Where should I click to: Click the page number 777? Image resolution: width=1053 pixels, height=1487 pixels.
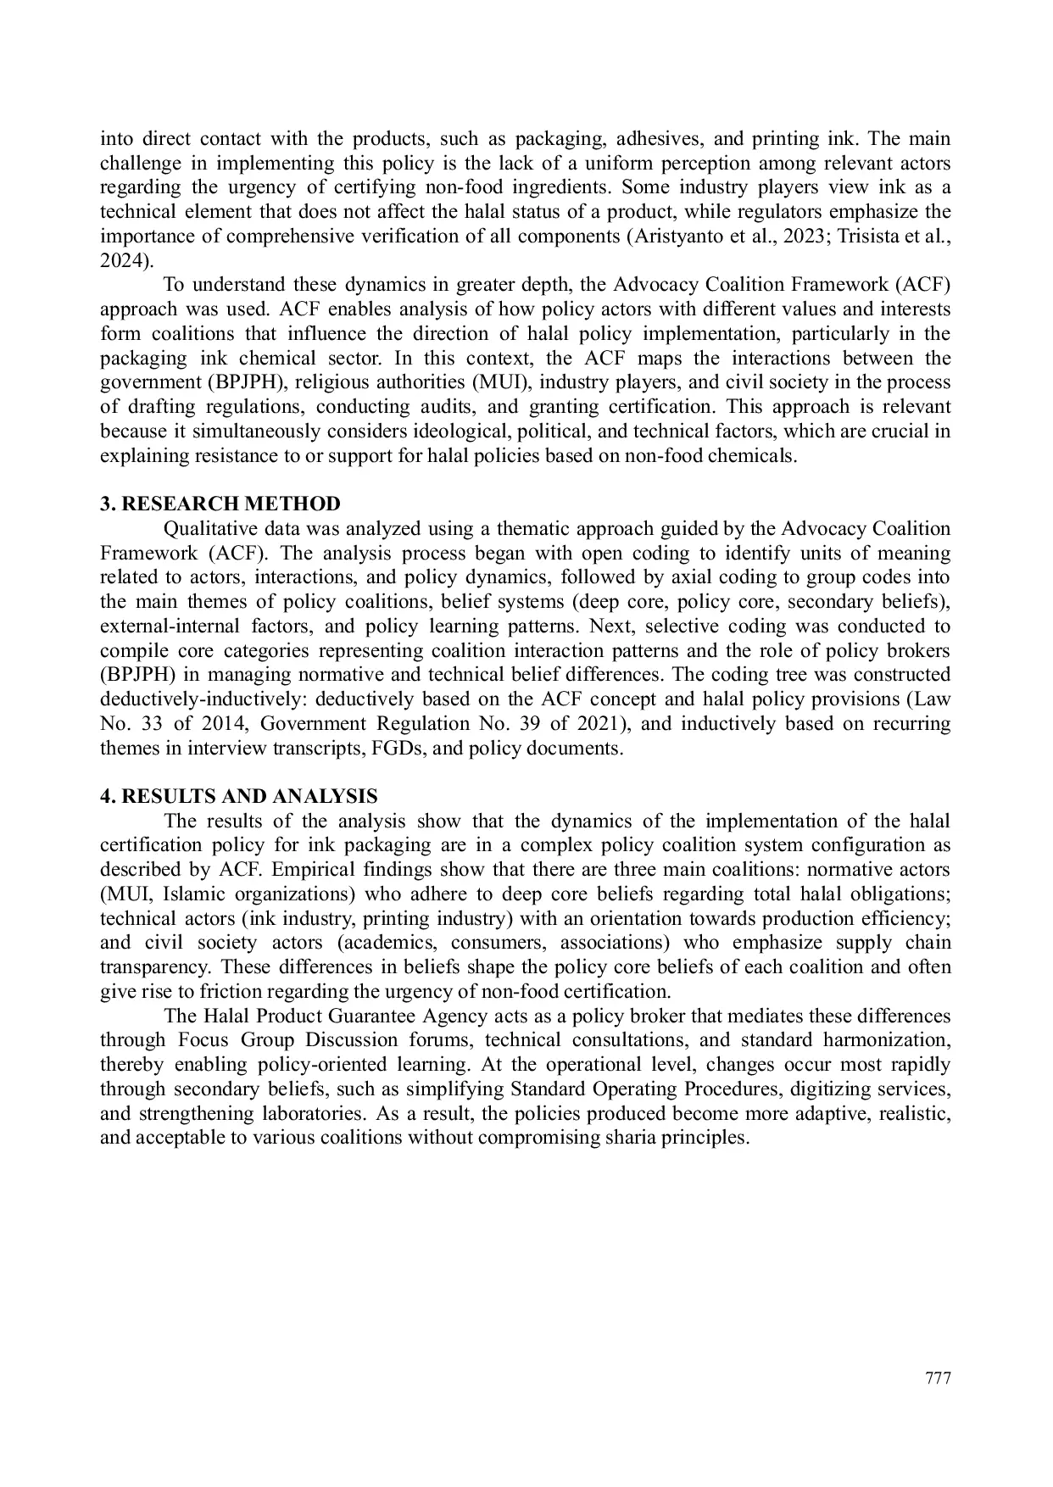pyautogui.click(x=938, y=1378)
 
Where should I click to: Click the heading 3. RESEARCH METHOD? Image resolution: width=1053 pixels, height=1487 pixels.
pyautogui.click(x=220, y=504)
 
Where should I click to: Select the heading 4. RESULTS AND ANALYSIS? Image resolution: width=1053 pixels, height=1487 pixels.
pyautogui.click(x=239, y=797)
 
